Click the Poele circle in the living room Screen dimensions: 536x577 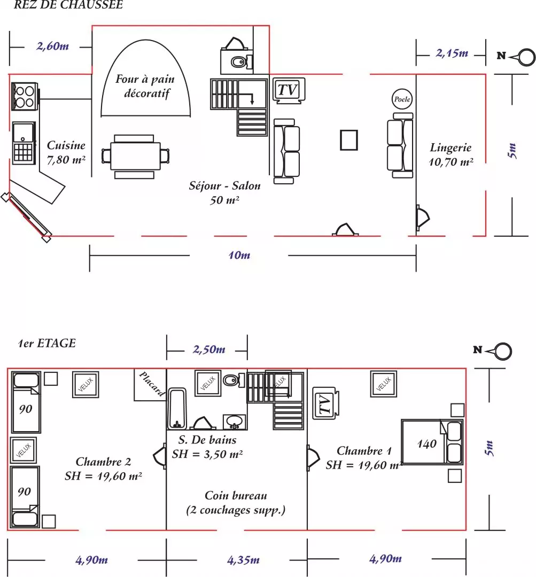tap(402, 99)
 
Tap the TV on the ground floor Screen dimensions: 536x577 tap(289, 90)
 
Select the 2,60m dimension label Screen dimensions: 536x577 tap(53, 46)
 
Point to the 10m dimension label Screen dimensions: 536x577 tap(239, 255)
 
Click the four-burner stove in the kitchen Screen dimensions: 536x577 tap(25, 96)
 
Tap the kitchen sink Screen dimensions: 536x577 tap(24, 143)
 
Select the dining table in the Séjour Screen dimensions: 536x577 tap(135, 157)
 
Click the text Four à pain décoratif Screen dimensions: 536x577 tap(145, 86)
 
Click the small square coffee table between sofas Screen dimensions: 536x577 tap(348, 140)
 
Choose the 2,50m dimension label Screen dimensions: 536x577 tap(209, 349)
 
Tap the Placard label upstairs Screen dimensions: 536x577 tap(152, 383)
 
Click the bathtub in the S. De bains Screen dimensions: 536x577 tap(177, 409)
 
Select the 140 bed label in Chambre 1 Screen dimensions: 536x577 tap(426, 444)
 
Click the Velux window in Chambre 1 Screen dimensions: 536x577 tap(384, 384)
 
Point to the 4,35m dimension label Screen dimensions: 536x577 tap(243, 560)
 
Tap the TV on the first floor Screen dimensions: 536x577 tap(325, 403)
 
